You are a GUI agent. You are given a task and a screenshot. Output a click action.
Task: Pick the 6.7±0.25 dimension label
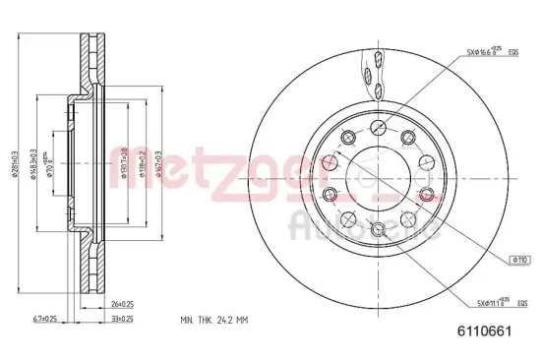point(44,320)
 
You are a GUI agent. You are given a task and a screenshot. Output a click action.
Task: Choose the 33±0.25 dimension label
point(122,320)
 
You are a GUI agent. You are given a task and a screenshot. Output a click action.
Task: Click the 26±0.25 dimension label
point(122,304)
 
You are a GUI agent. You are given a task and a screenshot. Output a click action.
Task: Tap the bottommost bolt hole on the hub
point(379,228)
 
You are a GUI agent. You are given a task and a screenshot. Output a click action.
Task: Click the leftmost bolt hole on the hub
point(331,194)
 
